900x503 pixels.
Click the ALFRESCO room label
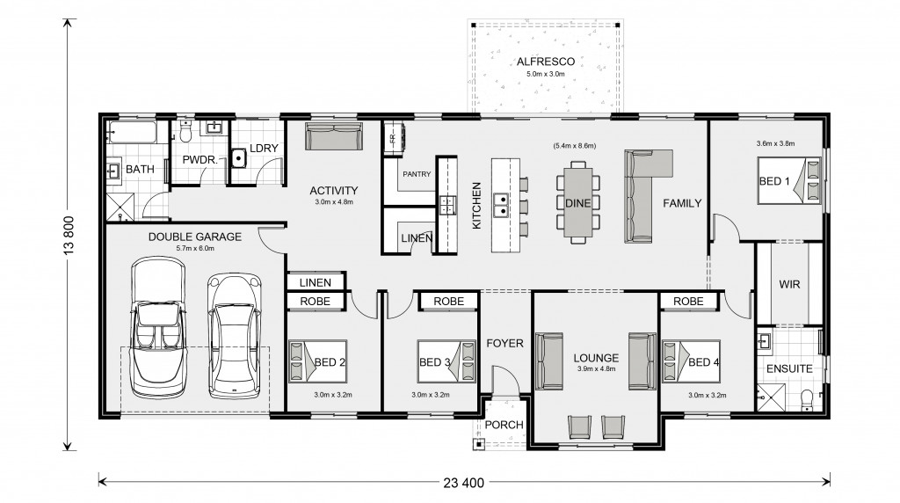click(x=545, y=62)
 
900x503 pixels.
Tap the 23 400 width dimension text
click(x=464, y=483)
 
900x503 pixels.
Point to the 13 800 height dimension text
click(x=69, y=234)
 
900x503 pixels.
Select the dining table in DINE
click(x=577, y=202)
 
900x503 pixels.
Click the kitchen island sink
click(x=501, y=204)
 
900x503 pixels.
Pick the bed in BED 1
click(x=789, y=181)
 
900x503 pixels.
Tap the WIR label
click(x=789, y=284)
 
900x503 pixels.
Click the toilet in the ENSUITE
click(x=807, y=399)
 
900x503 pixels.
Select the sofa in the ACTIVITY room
click(x=333, y=136)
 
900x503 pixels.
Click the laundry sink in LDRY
click(x=239, y=157)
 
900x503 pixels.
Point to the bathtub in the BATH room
click(x=132, y=133)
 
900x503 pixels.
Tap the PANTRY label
click(x=417, y=174)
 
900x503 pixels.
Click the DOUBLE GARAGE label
click(x=195, y=237)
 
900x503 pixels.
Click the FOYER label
click(x=505, y=343)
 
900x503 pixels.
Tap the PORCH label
click(x=504, y=425)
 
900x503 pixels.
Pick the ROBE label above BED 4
click(x=688, y=302)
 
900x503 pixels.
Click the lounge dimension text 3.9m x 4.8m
click(x=597, y=368)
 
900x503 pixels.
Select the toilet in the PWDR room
click(x=185, y=132)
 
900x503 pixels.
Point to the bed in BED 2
click(x=317, y=361)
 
